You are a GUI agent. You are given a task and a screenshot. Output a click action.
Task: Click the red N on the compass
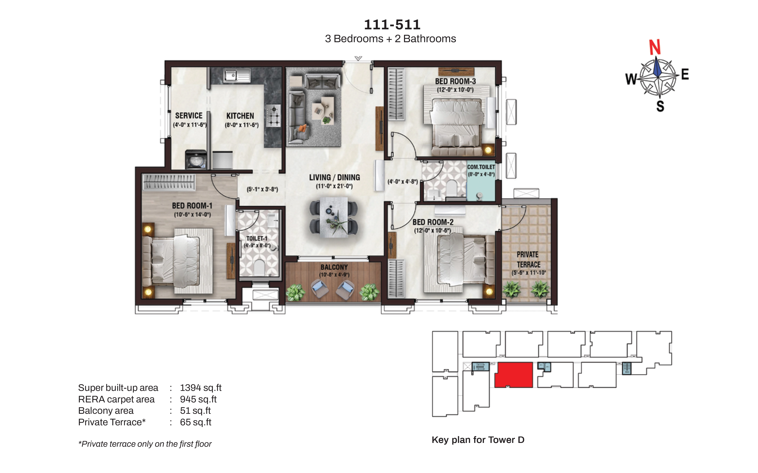[655, 47]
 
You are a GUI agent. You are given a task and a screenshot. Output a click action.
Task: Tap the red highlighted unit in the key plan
[514, 375]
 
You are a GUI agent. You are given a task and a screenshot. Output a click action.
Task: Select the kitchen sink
[237, 76]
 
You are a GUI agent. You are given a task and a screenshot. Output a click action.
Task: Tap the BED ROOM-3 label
[455, 81]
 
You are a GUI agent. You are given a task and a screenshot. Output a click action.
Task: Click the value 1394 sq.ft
[201, 388]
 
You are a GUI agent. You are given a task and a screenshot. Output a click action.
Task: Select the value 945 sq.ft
[198, 399]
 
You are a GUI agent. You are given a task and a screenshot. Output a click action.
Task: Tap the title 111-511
[392, 25]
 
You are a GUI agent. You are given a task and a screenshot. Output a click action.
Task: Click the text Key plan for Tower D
[478, 440]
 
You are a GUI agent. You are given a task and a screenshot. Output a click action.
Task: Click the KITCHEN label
[240, 116]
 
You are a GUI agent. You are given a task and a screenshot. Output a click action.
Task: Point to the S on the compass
[660, 106]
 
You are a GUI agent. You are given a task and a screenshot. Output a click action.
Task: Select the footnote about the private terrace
[145, 444]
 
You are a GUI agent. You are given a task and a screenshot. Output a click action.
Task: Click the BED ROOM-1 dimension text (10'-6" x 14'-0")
[192, 215]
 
